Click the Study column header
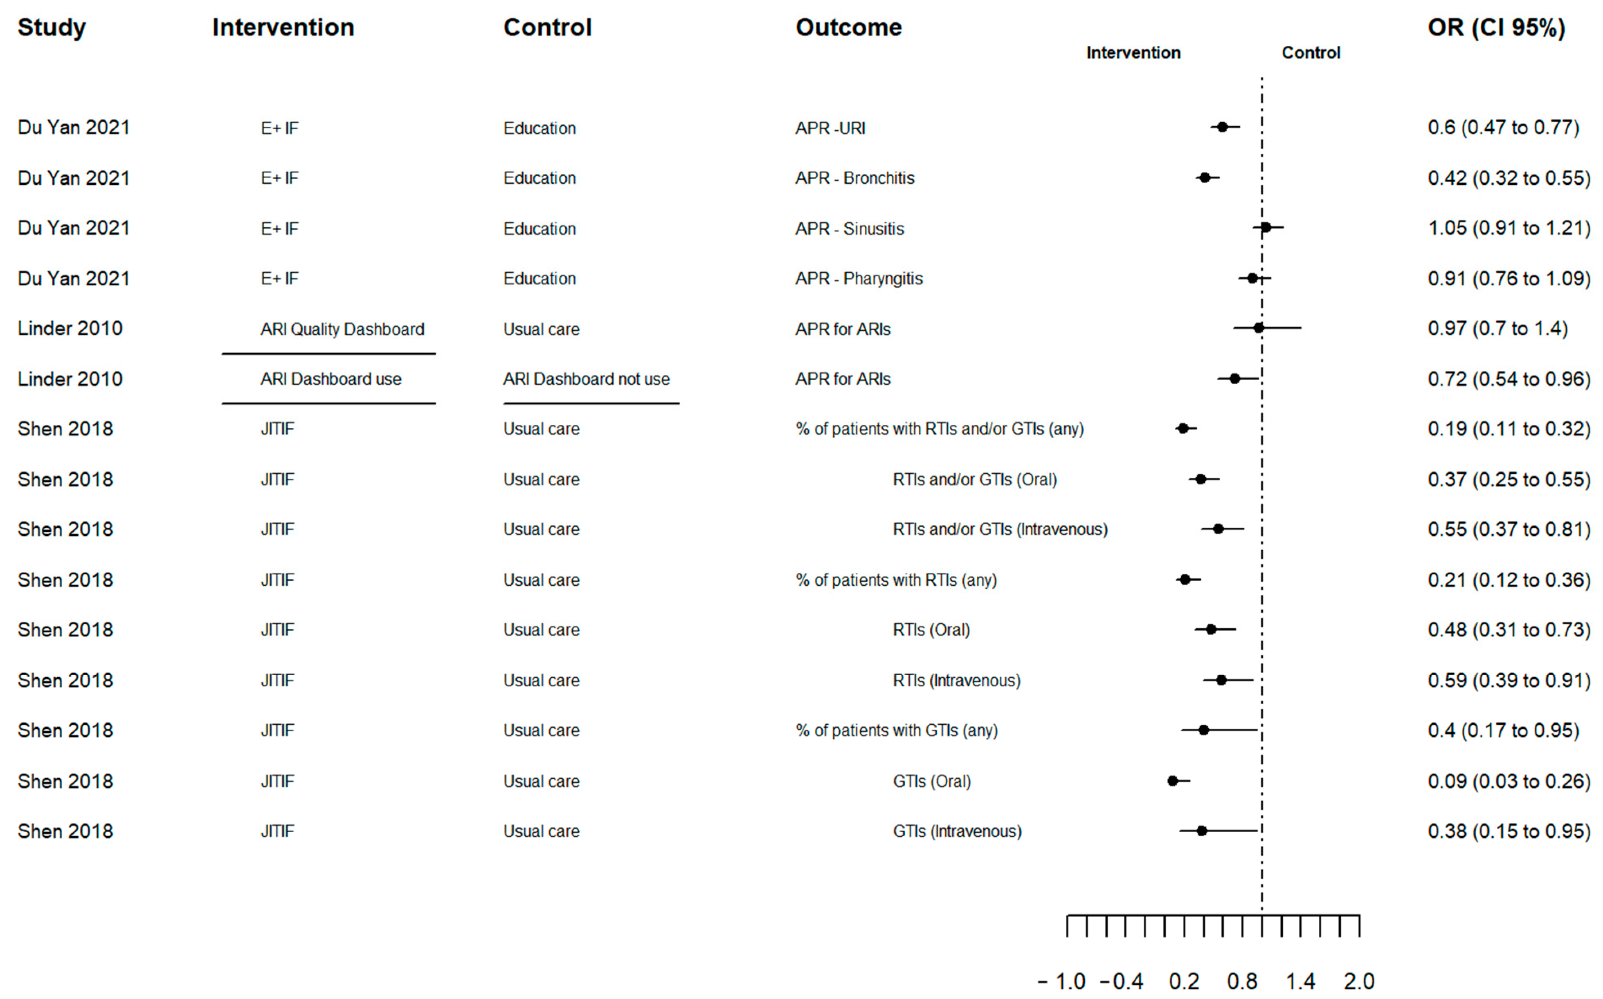coord(52,28)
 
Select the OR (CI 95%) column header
coord(1496,28)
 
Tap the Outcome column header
coord(848,28)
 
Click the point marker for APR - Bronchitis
coord(1205,178)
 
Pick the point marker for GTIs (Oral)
coord(1173,781)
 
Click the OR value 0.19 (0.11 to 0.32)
coord(1509,429)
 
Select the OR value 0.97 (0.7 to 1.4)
coord(1497,328)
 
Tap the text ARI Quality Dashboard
coord(342,329)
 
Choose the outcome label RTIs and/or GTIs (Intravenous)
coord(1000,529)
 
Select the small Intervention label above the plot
coord(1133,53)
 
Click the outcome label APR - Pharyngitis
coord(859,279)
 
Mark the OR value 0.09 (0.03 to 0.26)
coord(1509,781)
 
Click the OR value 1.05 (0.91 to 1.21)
coord(1509,228)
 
